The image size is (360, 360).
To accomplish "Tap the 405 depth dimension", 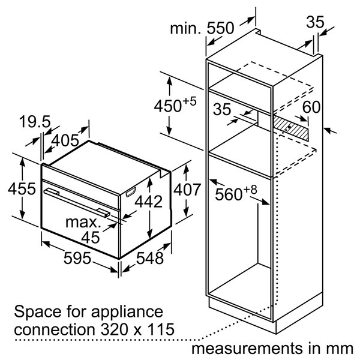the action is coord(65,140).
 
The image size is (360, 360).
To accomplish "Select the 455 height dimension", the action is coord(22,189).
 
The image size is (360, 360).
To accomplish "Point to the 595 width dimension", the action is coord(77,258).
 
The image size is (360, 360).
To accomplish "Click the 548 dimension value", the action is coord(149,258).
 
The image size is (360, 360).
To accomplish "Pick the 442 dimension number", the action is coord(149,202).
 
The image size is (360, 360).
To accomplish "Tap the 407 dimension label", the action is coord(187,190).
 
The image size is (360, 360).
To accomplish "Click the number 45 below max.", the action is coord(91,238).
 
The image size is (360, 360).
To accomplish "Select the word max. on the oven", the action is coord(83,222).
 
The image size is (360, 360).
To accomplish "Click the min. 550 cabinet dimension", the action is coord(202,28).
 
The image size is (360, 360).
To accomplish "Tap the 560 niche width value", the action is coord(236,194).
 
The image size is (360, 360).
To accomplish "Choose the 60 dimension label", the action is coord(311,107).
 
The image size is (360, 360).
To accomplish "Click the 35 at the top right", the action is coord(316,22).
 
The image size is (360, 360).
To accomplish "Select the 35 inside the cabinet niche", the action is coord(222,109).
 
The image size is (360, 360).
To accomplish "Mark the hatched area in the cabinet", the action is coord(290,128).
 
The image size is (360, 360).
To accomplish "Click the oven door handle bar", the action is coord(77,202).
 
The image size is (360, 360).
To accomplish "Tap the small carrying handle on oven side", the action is coord(131,192).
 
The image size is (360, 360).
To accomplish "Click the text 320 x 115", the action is coord(137,329).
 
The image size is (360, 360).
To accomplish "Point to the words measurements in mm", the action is coord(272,349).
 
